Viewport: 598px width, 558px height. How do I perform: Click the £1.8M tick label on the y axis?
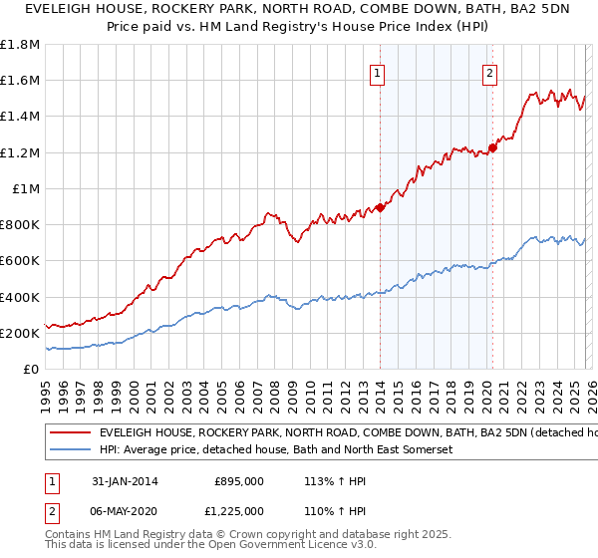(x=20, y=45)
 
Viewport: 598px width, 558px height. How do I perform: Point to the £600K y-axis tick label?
(x=20, y=260)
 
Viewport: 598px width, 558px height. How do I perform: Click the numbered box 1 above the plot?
(x=379, y=72)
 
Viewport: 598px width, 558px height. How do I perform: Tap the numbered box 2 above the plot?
(x=490, y=72)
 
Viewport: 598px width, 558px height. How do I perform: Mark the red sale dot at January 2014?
(x=380, y=207)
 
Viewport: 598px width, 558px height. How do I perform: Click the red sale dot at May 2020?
(x=492, y=147)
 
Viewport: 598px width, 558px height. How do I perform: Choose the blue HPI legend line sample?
(x=70, y=450)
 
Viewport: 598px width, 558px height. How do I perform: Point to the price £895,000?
(x=239, y=481)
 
